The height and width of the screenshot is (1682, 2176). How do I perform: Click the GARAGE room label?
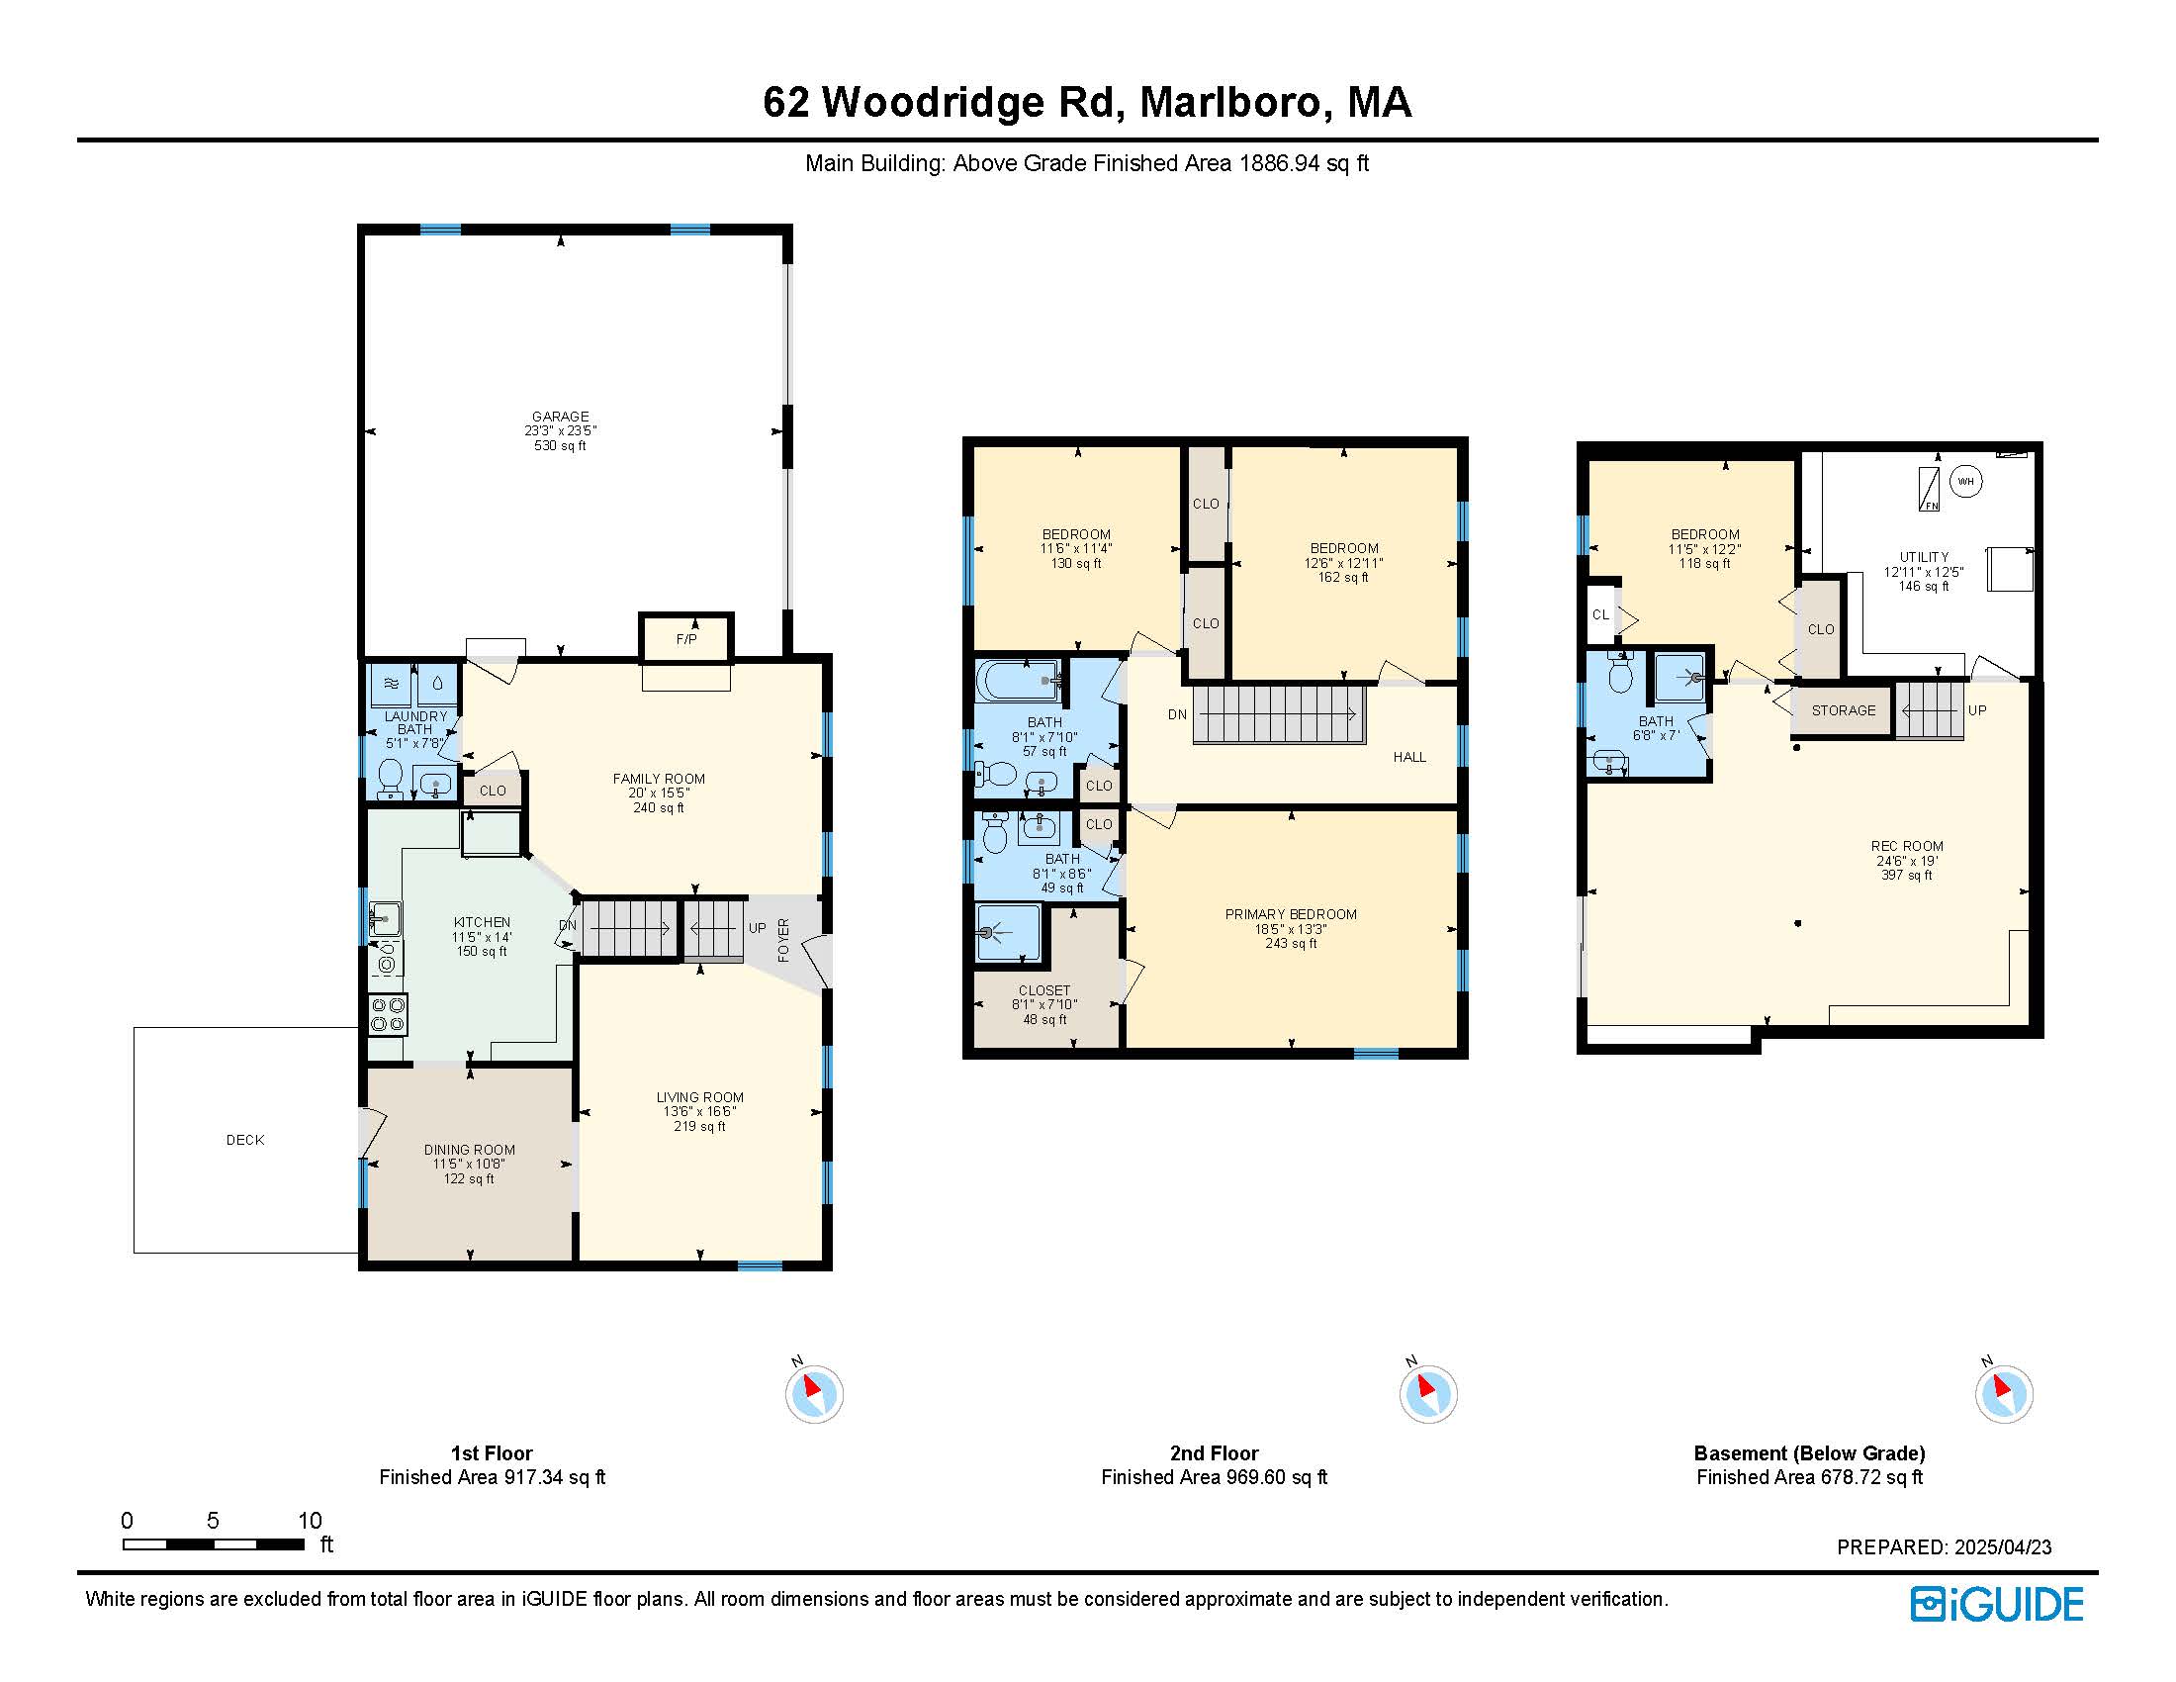(560, 417)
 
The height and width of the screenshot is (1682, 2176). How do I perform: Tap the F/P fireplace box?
(686, 638)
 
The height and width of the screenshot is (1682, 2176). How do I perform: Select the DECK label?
(245, 1140)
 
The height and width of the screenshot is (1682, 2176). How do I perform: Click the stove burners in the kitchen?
(388, 1014)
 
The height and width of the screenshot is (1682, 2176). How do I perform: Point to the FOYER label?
(783, 940)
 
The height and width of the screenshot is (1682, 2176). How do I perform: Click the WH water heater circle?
(1965, 481)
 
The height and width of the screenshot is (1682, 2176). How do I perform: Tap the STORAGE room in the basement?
(1844, 710)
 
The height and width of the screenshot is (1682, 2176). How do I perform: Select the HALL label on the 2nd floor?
(1409, 757)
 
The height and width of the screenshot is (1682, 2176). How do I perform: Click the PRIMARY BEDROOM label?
(1291, 915)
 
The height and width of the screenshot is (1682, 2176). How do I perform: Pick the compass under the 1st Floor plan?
(814, 1393)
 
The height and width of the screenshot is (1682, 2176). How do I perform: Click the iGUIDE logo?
(1997, 1604)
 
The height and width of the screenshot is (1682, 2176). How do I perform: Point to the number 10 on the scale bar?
(310, 1521)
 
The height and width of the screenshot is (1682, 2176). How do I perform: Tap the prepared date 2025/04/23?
(2003, 1547)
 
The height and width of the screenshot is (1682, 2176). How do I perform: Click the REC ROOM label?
(1907, 846)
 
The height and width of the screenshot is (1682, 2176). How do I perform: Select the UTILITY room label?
(1924, 557)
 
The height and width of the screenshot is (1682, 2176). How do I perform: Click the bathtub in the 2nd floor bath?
(1017, 681)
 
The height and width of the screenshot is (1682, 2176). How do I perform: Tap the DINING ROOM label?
(469, 1150)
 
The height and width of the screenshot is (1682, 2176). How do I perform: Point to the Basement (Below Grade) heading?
(1809, 1452)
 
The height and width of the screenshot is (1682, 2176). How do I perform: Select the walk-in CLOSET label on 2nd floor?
(1044, 990)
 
